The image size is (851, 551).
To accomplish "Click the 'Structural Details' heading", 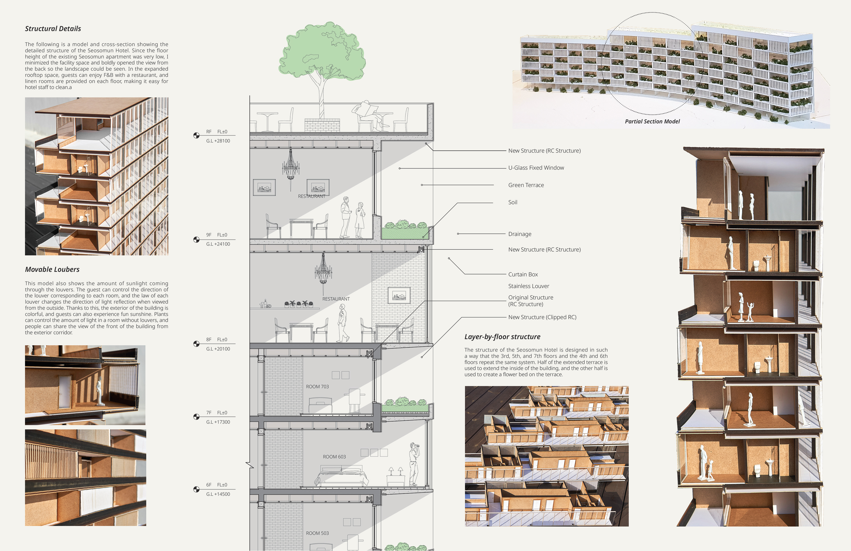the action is point(53,29).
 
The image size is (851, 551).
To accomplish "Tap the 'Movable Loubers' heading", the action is point(52,269).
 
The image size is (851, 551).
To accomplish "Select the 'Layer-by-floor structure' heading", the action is point(502,337).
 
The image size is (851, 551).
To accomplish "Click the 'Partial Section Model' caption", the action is point(652,121).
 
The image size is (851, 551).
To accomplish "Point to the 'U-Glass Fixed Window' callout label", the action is point(536,168).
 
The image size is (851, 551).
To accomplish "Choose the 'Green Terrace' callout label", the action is point(526,185).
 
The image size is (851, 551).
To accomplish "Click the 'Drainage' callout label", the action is point(519,234).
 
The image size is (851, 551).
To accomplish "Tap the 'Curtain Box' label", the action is point(523,275).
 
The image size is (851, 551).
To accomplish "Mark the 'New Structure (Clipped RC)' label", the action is point(542,317).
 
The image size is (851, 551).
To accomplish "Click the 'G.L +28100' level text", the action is point(218,141).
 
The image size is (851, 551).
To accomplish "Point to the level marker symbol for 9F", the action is point(196,240).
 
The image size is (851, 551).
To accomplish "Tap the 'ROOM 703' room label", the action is point(317,387).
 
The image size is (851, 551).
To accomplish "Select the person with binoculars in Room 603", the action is point(414,464).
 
